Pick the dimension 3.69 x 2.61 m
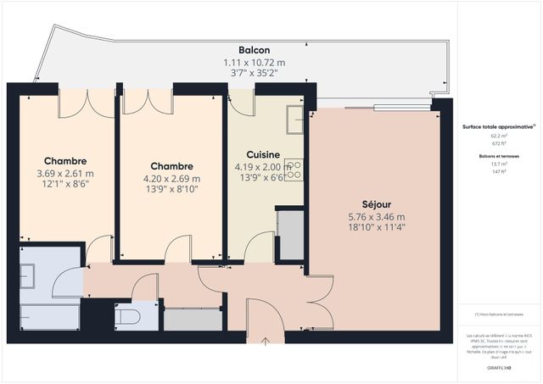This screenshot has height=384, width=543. coord(65,173)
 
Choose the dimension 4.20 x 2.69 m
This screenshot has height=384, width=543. coord(172,178)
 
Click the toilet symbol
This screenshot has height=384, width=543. coord(127,316)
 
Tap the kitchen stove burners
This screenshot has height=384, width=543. coord(294,169)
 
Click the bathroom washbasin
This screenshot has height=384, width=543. coord(28,275)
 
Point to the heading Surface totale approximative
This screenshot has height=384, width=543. coord(498,126)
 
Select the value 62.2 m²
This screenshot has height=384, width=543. coord(498,136)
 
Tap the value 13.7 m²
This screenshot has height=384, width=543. coord(498,164)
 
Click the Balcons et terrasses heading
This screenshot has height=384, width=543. coord(498,156)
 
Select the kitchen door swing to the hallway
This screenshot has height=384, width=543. coord(258,248)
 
